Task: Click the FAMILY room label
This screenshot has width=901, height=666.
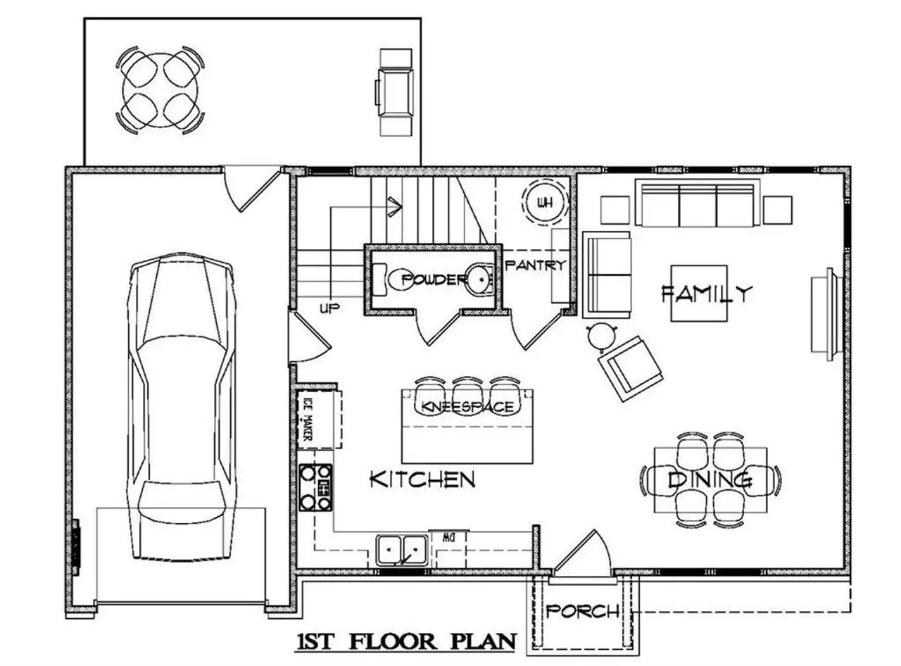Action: click(707, 293)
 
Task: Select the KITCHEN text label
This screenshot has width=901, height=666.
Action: click(422, 480)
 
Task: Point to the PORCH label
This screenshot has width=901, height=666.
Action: click(583, 611)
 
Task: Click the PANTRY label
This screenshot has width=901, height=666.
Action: click(536, 265)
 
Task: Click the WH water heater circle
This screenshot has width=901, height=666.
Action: click(544, 203)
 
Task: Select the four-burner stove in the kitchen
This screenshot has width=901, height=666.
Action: click(315, 487)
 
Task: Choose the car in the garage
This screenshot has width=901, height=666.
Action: click(182, 408)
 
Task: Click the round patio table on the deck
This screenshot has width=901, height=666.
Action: click(160, 90)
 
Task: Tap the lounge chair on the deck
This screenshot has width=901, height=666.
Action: click(394, 92)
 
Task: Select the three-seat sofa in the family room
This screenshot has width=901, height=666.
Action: click(698, 203)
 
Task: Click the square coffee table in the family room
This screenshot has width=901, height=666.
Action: click(698, 293)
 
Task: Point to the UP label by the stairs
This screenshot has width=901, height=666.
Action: click(329, 308)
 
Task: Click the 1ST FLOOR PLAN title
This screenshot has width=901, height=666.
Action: click(406, 642)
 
